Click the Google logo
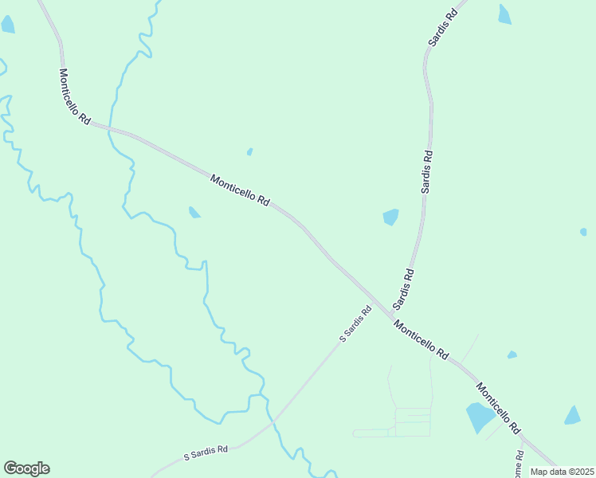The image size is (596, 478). click(x=26, y=468)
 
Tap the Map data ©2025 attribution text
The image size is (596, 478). click(x=561, y=472)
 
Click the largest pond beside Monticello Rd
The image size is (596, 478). click(x=479, y=416)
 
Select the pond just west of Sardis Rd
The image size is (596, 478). click(x=390, y=217)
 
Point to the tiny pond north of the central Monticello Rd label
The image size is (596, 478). click(x=249, y=151)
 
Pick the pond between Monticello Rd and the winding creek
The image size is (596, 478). click(x=194, y=212)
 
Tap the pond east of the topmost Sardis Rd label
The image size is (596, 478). click(x=504, y=14)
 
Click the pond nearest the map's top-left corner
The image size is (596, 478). click(x=8, y=24)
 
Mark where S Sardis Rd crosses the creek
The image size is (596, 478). click(x=271, y=418)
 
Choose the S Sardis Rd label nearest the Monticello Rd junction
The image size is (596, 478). click(x=355, y=324)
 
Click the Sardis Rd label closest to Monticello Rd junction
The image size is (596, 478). click(x=404, y=289)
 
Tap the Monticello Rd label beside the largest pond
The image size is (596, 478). click(x=498, y=408)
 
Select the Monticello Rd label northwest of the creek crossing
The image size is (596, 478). click(x=73, y=96)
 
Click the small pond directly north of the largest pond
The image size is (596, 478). click(x=512, y=355)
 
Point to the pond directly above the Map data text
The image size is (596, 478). click(x=573, y=415)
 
